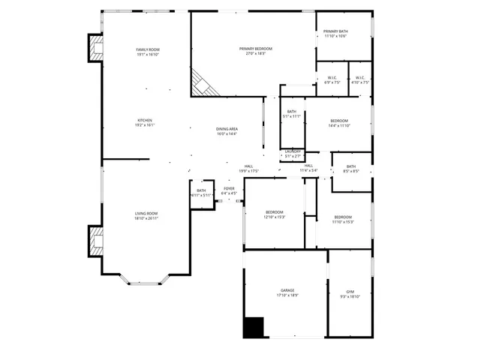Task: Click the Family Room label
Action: tap(148, 52)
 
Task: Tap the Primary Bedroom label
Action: tap(256, 51)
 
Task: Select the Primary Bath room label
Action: tap(335, 34)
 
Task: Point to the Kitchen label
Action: tap(145, 123)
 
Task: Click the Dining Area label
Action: tap(227, 131)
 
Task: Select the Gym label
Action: tap(350, 294)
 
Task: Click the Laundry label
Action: tap(293, 153)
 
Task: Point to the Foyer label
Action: tap(229, 190)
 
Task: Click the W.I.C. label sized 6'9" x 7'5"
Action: tap(332, 79)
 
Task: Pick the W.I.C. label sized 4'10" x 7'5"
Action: tap(360, 79)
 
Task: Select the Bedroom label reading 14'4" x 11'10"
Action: tap(339, 123)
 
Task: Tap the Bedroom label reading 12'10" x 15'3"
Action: tap(275, 214)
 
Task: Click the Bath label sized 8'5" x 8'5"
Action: tap(350, 169)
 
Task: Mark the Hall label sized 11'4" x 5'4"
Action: tap(308, 168)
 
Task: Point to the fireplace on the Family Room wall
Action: tap(95, 49)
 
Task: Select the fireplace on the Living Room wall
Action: tap(95, 241)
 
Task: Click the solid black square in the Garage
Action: tap(254, 327)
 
